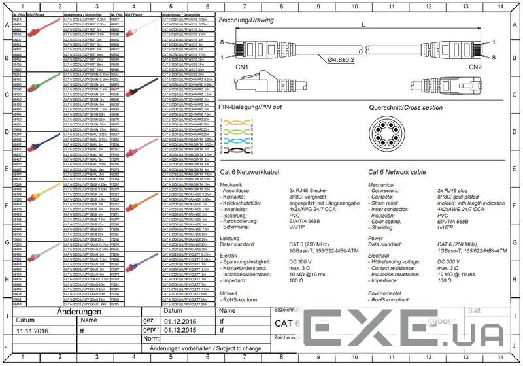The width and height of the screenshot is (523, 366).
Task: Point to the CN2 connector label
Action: click(475, 67)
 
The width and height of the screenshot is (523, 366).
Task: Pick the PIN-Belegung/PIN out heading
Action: click(250, 107)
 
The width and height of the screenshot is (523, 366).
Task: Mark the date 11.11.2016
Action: click(33, 331)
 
